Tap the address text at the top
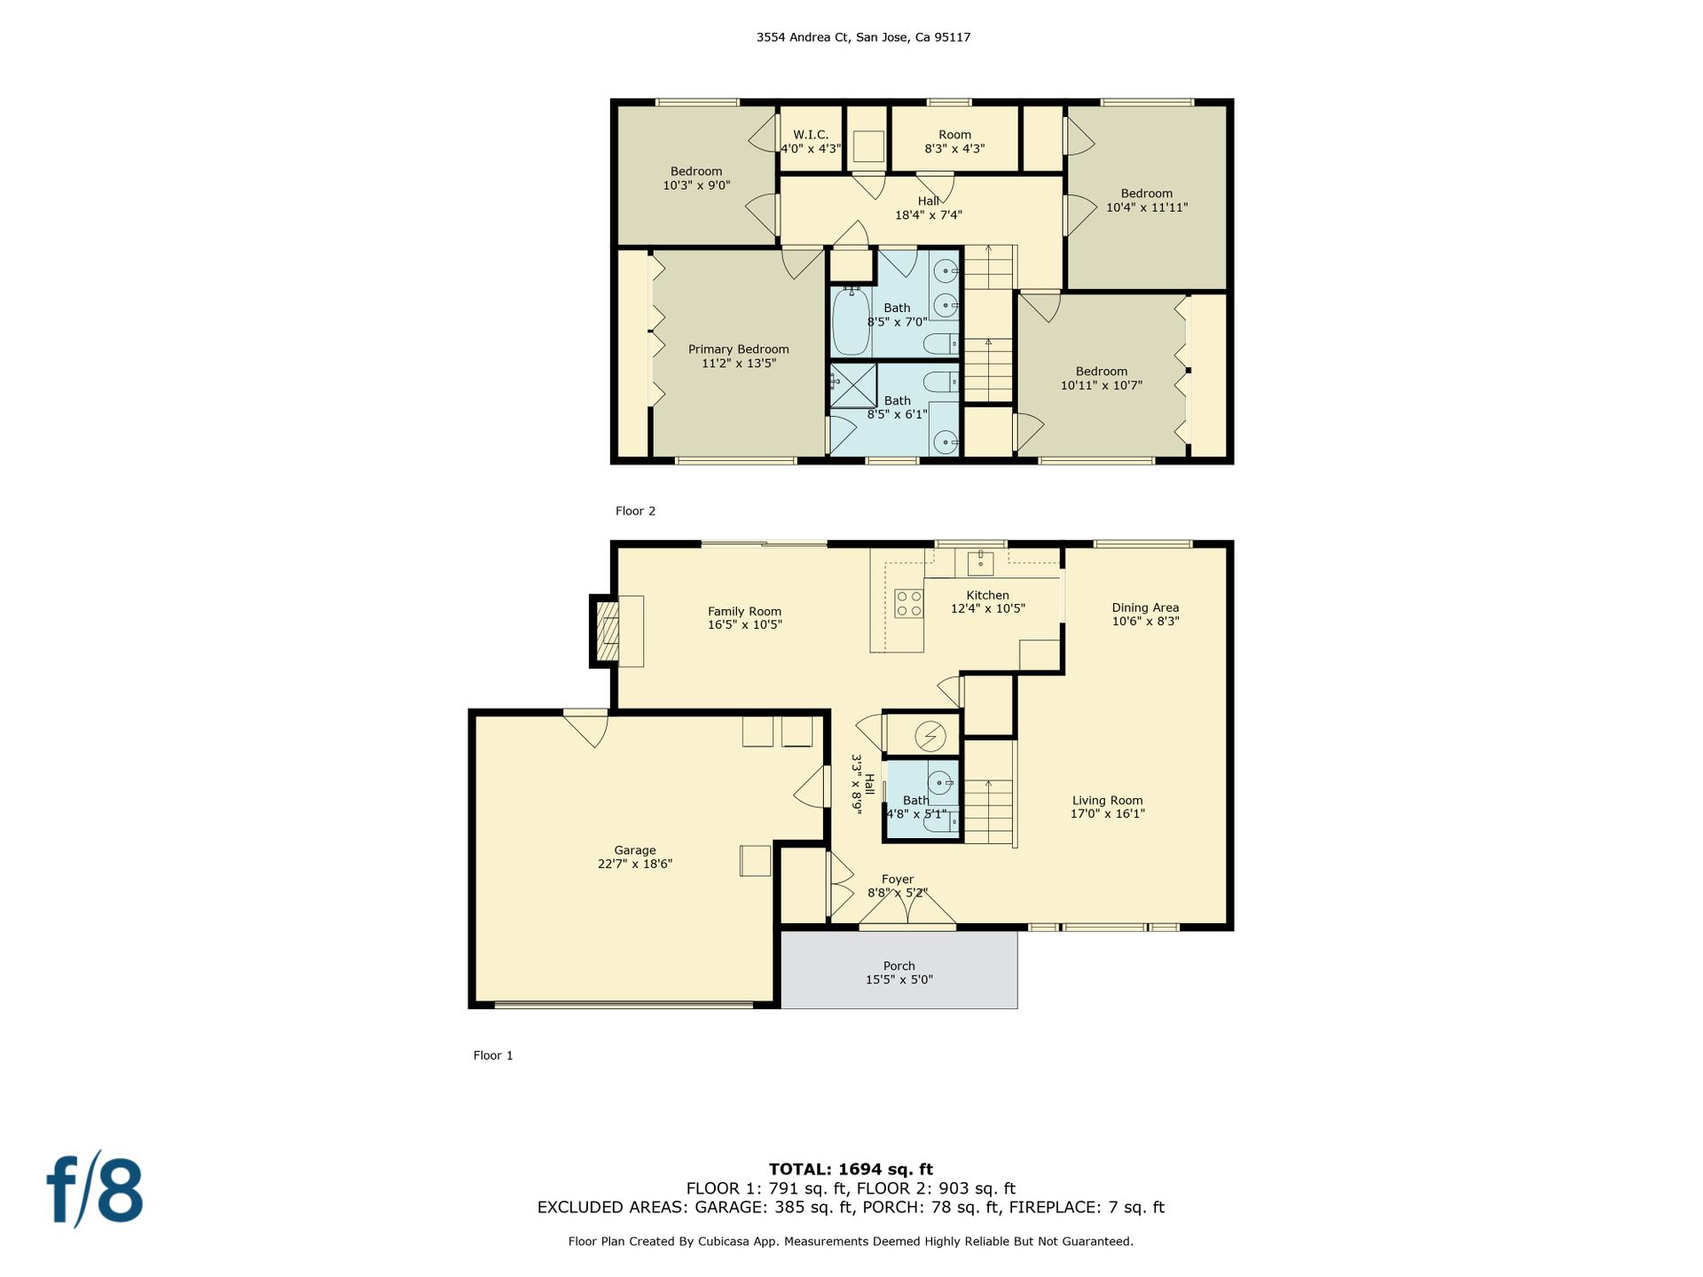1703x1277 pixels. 863,37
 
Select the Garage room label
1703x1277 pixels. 635,857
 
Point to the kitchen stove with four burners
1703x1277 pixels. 908,604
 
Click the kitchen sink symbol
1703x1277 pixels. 980,561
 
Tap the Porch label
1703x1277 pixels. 899,973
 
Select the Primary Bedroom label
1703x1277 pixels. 739,356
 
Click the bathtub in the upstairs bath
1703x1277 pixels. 851,321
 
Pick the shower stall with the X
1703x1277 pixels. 852,386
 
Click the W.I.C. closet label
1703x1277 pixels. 811,142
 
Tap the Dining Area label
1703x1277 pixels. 1145,615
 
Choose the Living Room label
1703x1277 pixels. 1108,807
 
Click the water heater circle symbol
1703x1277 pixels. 930,736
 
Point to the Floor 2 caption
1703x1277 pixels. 635,511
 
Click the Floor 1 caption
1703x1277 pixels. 493,1055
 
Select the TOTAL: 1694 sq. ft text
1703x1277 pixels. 851,1169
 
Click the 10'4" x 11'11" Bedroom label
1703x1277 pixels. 1147,200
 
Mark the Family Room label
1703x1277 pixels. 745,618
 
